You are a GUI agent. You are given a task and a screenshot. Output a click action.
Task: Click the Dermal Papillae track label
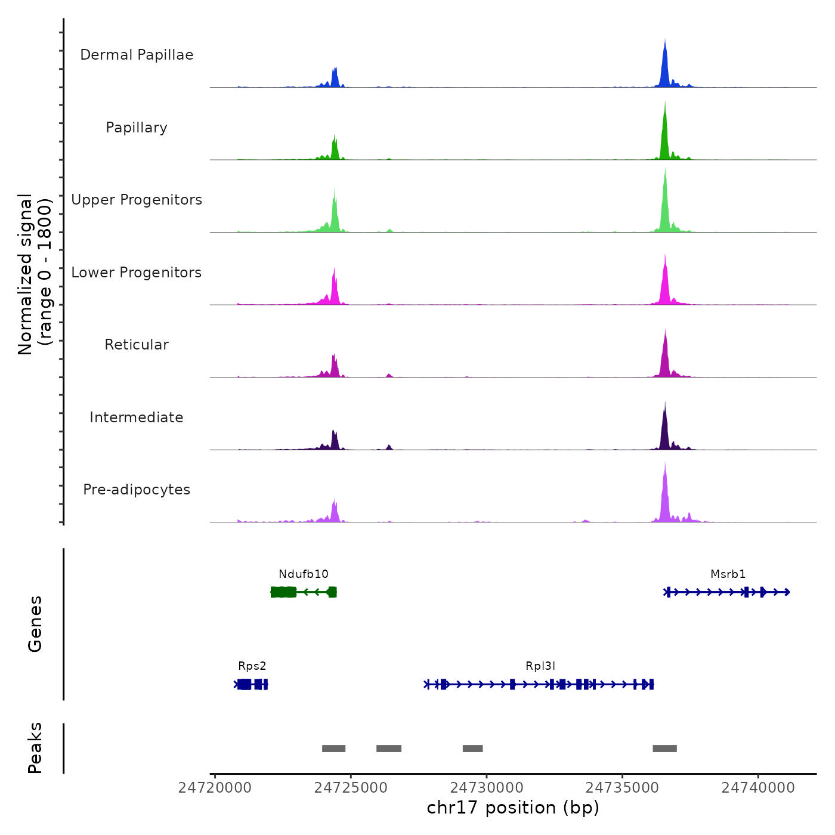click(x=137, y=55)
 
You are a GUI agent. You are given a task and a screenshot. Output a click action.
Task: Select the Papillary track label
click(x=137, y=128)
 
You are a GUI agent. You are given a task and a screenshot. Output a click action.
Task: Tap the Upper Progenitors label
click(x=137, y=200)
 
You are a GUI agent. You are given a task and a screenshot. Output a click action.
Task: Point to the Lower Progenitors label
click(x=137, y=273)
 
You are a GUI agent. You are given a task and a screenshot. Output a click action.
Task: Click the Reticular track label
click(x=137, y=345)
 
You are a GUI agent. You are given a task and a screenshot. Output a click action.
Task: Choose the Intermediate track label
click(x=137, y=417)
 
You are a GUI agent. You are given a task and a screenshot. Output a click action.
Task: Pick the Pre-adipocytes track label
click(x=137, y=490)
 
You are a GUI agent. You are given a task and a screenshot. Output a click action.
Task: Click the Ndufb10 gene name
click(x=304, y=574)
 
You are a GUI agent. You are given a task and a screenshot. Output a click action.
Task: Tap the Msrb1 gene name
click(x=728, y=574)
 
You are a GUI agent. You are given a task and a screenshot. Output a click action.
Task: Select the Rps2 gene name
click(x=252, y=666)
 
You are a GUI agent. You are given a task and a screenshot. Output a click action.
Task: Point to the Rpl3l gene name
click(x=540, y=666)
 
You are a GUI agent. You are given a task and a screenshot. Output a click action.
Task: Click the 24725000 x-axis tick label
click(x=351, y=788)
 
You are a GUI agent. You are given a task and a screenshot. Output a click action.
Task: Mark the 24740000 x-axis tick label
click(x=758, y=788)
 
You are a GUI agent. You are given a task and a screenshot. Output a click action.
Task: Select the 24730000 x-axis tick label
click(x=487, y=788)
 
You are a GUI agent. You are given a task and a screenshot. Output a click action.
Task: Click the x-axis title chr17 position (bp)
click(x=513, y=808)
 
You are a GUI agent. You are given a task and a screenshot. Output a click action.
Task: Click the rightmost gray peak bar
click(x=664, y=749)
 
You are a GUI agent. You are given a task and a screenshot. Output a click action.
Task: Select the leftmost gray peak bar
click(x=333, y=749)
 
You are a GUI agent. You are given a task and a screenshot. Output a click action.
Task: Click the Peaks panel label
click(x=35, y=748)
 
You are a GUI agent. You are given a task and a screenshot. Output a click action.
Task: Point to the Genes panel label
click(x=35, y=624)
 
